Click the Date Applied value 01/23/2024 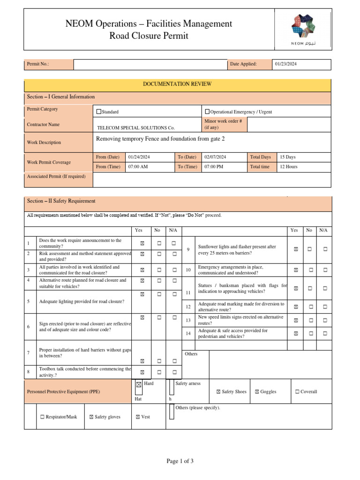(286, 64)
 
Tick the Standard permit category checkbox (99, 112)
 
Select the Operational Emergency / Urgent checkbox (207, 112)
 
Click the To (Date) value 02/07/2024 (215, 157)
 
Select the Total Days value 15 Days (287, 157)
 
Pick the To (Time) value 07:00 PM (214, 166)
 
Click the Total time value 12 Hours (288, 166)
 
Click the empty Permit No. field (150, 64)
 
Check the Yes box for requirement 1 (142, 243)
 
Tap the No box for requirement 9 (309, 249)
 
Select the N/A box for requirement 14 (325, 333)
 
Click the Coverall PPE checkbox (298, 392)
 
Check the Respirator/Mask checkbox (43, 417)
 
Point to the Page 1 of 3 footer (180, 461)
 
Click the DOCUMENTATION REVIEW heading (177, 84)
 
